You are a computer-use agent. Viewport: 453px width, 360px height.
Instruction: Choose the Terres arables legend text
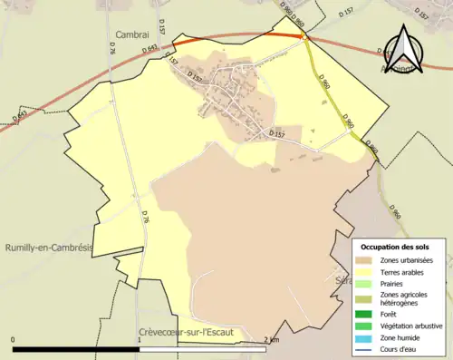click(404, 272)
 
